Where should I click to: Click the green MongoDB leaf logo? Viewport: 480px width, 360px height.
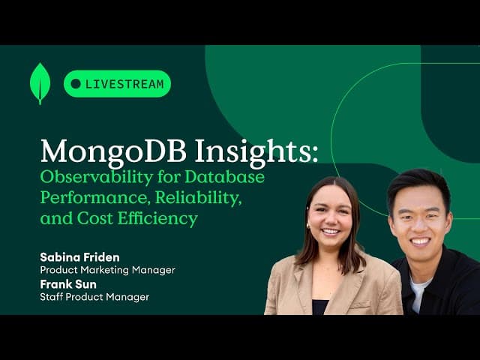[40, 82]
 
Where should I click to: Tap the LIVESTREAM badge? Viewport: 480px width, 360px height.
[117, 84]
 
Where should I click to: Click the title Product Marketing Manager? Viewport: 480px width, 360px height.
[107, 270]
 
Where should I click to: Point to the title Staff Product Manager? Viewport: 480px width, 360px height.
[94, 297]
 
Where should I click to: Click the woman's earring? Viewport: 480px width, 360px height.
[307, 226]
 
